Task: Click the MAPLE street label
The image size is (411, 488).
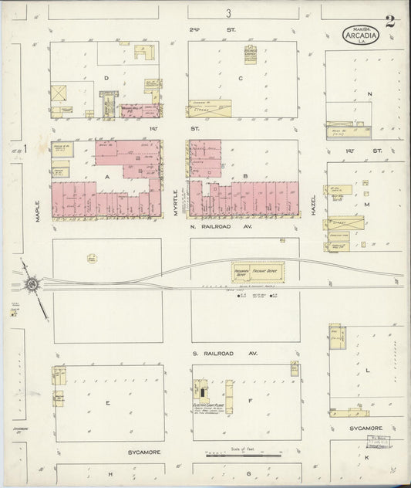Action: tap(37, 212)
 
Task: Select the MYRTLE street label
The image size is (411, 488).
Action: tap(176, 202)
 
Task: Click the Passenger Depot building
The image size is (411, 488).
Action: tap(241, 272)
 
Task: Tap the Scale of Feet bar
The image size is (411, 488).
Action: tap(243, 456)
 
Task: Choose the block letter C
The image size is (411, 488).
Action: tap(241, 78)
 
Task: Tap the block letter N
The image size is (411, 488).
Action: tap(370, 94)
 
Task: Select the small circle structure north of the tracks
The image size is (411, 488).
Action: tap(91, 257)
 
